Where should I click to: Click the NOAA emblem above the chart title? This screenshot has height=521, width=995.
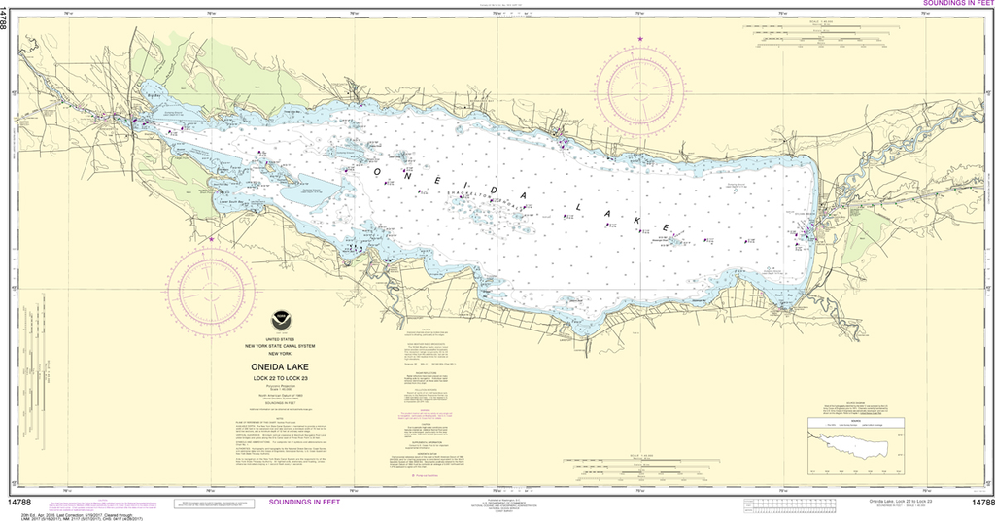(x=279, y=318)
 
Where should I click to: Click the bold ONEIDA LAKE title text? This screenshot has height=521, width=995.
(x=279, y=366)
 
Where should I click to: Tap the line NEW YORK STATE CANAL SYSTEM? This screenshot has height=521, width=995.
(x=279, y=343)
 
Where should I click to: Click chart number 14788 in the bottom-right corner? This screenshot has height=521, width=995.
(x=982, y=503)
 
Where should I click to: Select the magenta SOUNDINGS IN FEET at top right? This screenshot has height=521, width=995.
(x=952, y=4)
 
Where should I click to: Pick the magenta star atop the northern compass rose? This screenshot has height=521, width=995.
(x=640, y=37)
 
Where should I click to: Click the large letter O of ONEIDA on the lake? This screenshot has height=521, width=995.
(x=376, y=170)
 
